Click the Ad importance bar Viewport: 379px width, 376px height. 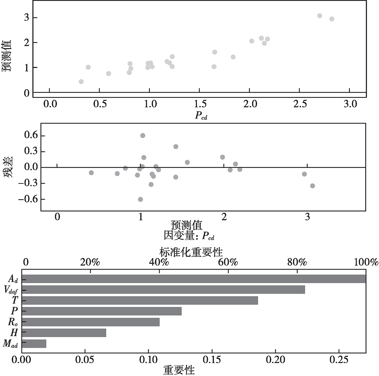click(194, 279)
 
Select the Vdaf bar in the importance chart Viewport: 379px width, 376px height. click(163, 290)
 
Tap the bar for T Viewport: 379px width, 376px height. click(140, 300)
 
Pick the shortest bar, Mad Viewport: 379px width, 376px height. click(34, 343)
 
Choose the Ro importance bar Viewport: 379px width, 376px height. click(91, 322)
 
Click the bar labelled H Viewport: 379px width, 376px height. click(64, 333)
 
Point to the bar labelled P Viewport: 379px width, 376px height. click(102, 311)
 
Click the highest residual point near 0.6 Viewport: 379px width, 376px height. click(142, 135)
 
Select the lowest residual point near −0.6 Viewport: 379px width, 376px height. click(141, 199)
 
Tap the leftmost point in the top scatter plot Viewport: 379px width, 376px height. click(81, 82)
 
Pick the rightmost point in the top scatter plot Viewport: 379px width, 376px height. click(332, 19)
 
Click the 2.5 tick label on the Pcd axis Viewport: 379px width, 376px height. click(299, 104)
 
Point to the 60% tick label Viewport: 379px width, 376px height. click(228, 263)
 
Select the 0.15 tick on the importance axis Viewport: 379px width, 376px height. click(212, 360)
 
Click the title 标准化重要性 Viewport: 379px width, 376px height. click(191, 252)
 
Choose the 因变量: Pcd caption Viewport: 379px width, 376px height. click(189, 236)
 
